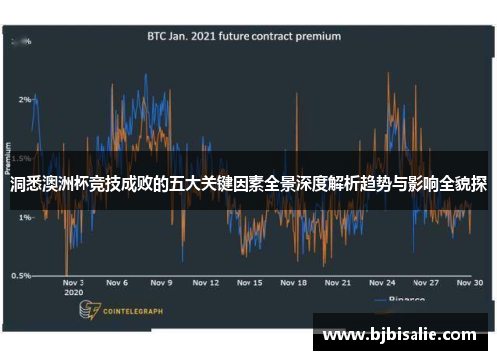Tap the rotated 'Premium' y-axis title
pos(9,159)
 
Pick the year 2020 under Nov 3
pos(72,294)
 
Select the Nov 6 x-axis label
pos(117,283)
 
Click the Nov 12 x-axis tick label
pos(205,283)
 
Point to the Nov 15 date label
pos(249,283)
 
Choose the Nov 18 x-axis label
pos(294,283)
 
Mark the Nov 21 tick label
pos(339,283)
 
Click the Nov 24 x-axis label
pos(383,283)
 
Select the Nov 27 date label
pos(426,283)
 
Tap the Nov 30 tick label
pos(470,283)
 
